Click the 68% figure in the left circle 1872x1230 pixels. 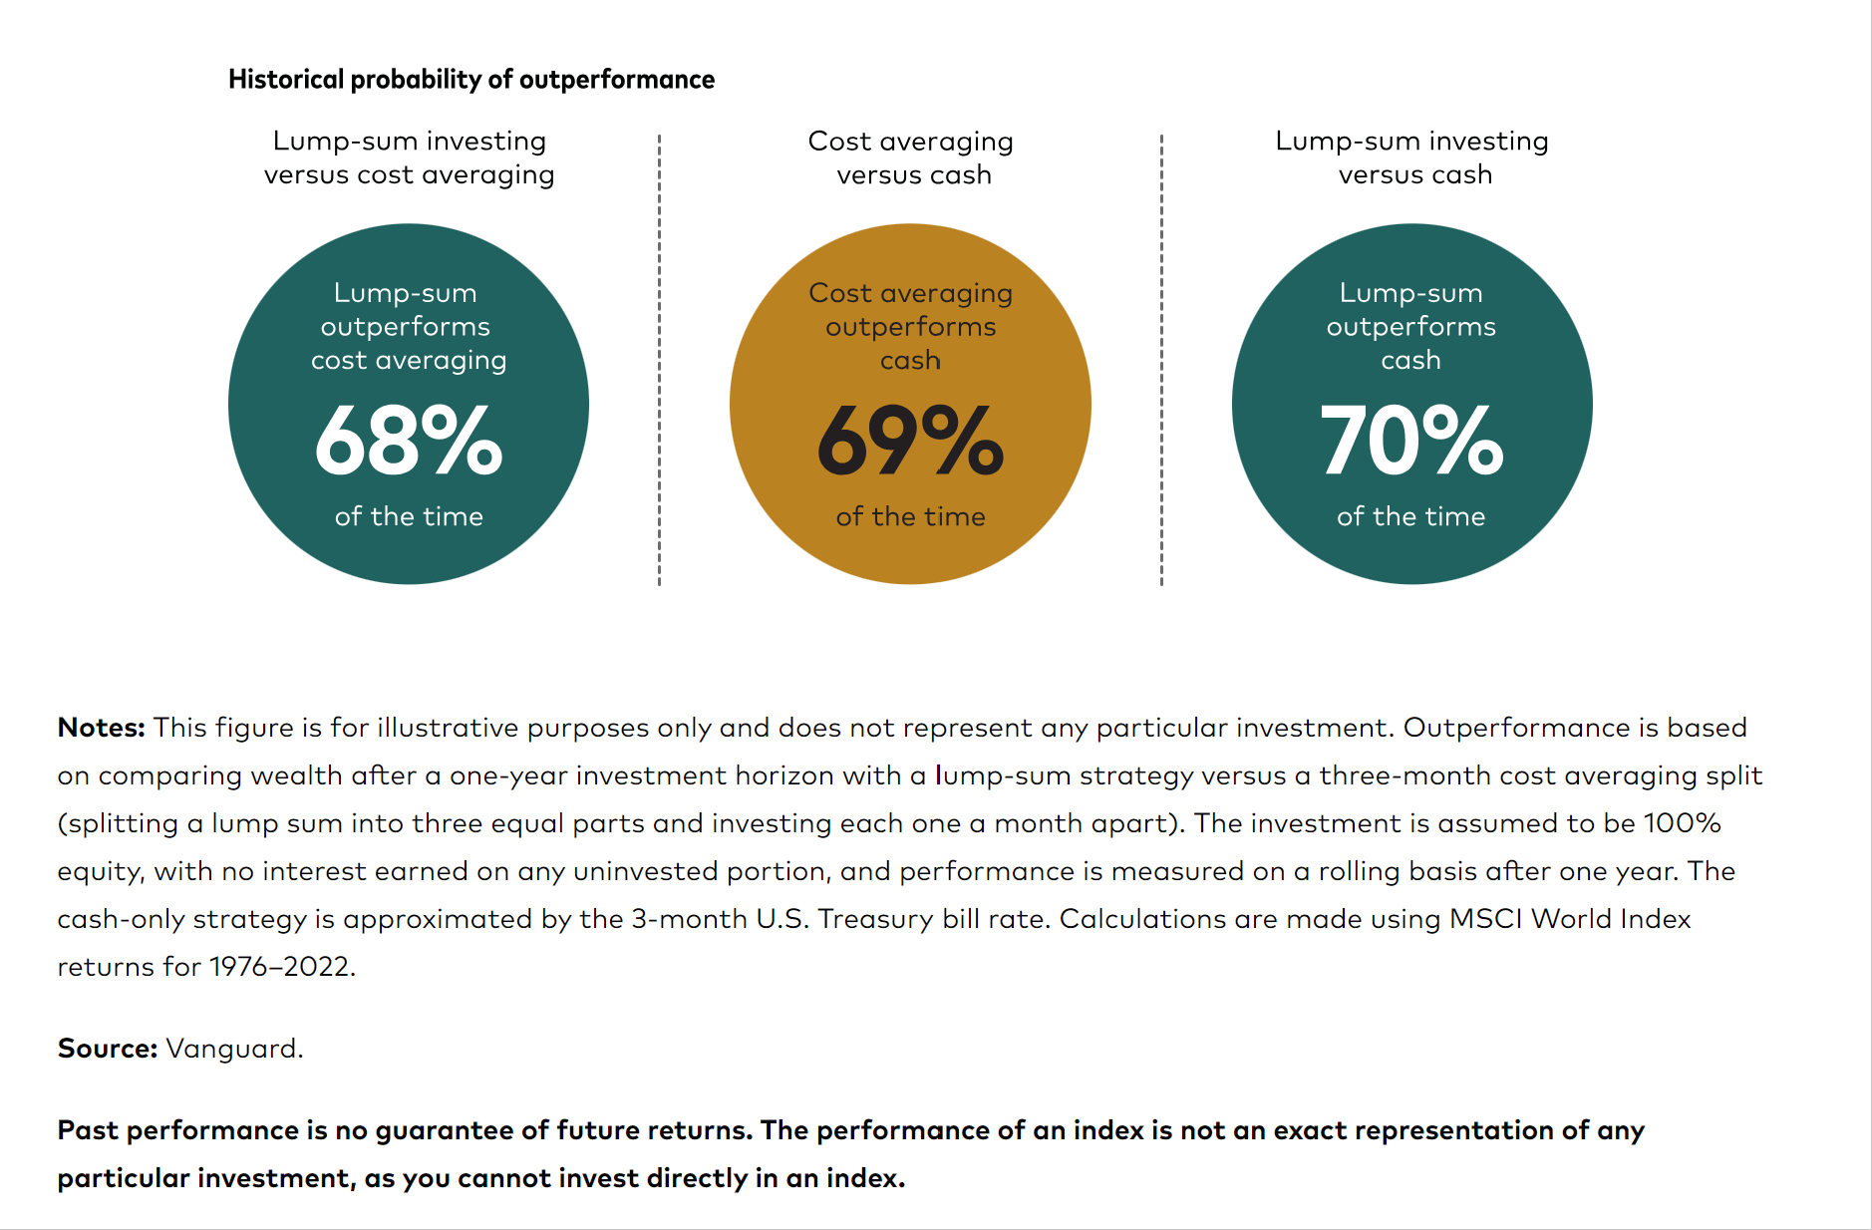(409, 440)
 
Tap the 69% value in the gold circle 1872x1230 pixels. (910, 440)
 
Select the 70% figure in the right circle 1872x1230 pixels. (1411, 440)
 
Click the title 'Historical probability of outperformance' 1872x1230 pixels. (470, 80)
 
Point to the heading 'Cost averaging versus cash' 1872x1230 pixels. (911, 157)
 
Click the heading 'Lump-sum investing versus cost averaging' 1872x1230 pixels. (409, 157)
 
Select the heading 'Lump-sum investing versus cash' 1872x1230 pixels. (1412, 157)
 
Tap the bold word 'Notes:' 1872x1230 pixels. (102, 728)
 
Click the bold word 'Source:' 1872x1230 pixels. (108, 1049)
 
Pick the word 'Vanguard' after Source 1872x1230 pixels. (233, 1049)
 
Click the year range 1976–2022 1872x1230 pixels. (280, 967)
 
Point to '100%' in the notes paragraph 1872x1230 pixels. (1682, 823)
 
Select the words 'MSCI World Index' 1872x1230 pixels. (1570, 919)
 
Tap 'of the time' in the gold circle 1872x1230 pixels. (910, 516)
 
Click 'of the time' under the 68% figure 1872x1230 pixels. (409, 516)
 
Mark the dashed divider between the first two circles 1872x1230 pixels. (659, 359)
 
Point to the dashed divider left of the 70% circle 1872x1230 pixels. (1161, 359)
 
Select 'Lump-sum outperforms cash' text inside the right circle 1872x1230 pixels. (1411, 326)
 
